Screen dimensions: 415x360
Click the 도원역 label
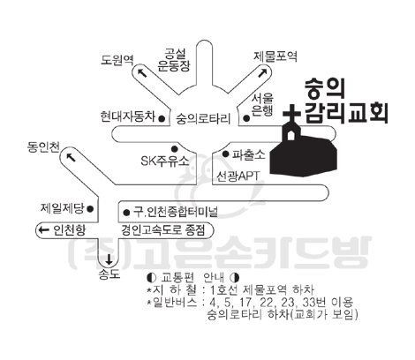point(117,60)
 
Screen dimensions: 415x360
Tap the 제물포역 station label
point(275,56)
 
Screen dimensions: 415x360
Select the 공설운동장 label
point(174,60)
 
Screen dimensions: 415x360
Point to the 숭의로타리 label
point(203,119)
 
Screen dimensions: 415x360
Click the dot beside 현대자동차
point(162,118)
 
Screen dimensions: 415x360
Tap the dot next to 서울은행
point(246,118)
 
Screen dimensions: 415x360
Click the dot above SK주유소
point(175,148)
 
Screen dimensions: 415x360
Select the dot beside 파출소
point(226,154)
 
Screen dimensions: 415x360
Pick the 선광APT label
point(238,176)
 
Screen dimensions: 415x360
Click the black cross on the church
point(291,114)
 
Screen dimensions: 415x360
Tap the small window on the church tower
point(290,136)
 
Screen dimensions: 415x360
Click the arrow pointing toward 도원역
point(142,72)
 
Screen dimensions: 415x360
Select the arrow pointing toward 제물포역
point(263,72)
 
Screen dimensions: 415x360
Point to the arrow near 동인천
point(71,157)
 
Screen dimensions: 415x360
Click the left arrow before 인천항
point(44,229)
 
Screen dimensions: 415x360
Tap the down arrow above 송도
point(109,259)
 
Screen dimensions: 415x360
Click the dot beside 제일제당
point(90,209)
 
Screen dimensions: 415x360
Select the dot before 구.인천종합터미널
point(126,213)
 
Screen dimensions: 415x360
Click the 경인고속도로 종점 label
point(163,229)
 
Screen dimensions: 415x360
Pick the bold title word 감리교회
point(346,113)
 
